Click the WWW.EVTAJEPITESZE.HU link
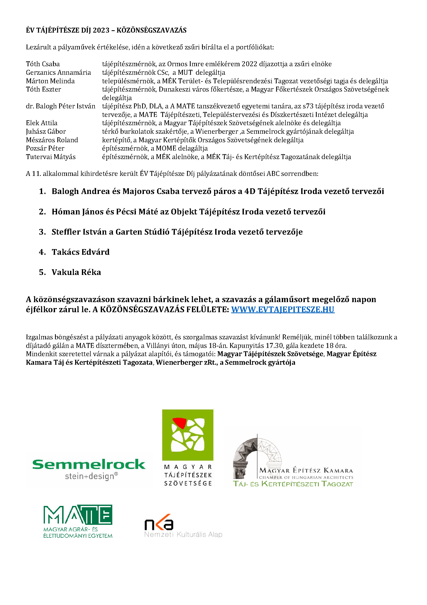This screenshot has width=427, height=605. pos(283,309)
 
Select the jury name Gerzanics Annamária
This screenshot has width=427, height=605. pos(58,72)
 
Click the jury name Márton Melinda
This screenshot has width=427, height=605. pos(50,81)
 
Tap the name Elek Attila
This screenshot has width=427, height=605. pos(42,123)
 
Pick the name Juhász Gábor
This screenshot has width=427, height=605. pos(46,131)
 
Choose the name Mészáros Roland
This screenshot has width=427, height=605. pos(52,140)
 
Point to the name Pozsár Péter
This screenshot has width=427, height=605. pos(45,148)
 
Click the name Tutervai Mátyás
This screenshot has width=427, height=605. pos(51,157)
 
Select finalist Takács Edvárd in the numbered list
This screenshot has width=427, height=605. pos(81,252)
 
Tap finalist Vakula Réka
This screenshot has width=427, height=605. pos(76,272)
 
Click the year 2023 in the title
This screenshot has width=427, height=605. pos(101,30)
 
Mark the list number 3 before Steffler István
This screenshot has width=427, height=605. pos(42,232)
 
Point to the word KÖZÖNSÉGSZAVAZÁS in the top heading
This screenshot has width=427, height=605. pos(152,30)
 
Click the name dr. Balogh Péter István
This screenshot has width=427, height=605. pos(60,106)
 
